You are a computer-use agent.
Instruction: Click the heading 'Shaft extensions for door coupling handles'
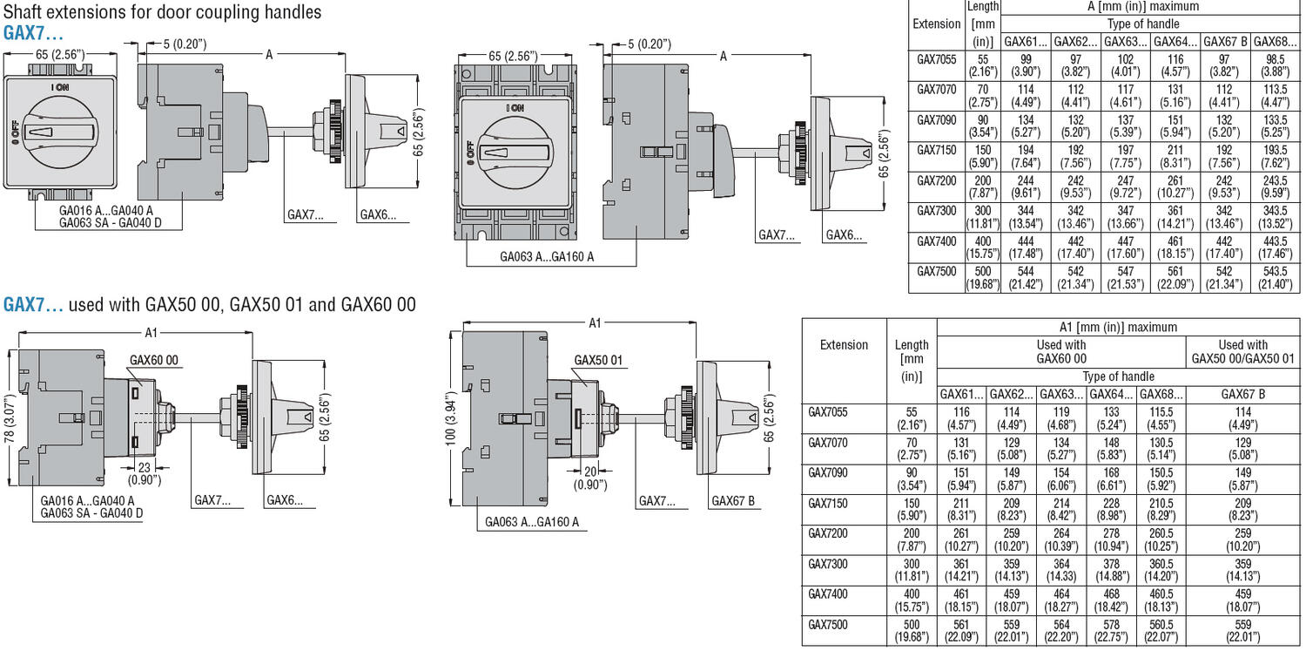click(163, 12)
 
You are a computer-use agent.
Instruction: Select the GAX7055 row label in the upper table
click(937, 59)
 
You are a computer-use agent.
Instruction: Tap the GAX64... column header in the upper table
click(1175, 41)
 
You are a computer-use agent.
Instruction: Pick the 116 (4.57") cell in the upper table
click(1175, 65)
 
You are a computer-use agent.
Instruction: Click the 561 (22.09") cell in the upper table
click(1175, 277)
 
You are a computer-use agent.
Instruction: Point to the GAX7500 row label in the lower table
click(828, 625)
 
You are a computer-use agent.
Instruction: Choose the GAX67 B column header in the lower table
click(1242, 394)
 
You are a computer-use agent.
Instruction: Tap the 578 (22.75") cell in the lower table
click(1113, 630)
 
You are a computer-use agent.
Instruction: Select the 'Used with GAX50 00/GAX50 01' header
click(1242, 351)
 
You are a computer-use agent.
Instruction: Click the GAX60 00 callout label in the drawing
click(154, 360)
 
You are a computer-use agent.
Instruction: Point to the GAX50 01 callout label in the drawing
click(598, 360)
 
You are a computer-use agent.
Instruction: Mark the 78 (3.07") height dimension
click(9, 417)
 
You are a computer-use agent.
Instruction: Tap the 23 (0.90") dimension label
click(143, 473)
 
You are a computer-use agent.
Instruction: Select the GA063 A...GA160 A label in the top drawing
click(547, 257)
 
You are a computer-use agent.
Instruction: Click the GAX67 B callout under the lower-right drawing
click(732, 500)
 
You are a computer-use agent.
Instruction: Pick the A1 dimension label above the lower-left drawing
click(151, 331)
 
